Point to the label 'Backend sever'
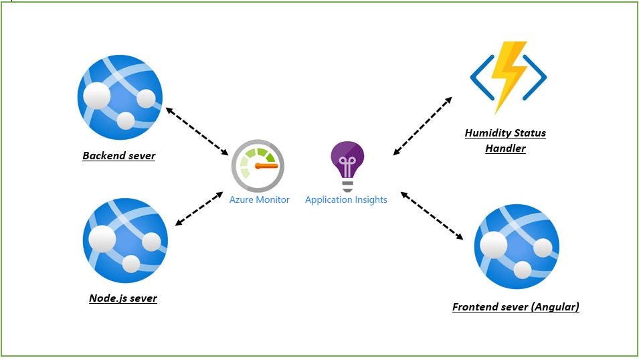point(119,156)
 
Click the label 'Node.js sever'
point(123,298)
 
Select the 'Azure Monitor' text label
point(260,199)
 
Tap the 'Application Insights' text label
point(346,199)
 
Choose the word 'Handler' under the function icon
point(505,148)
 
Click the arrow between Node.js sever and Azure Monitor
point(199,208)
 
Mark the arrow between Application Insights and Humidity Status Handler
point(422,126)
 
